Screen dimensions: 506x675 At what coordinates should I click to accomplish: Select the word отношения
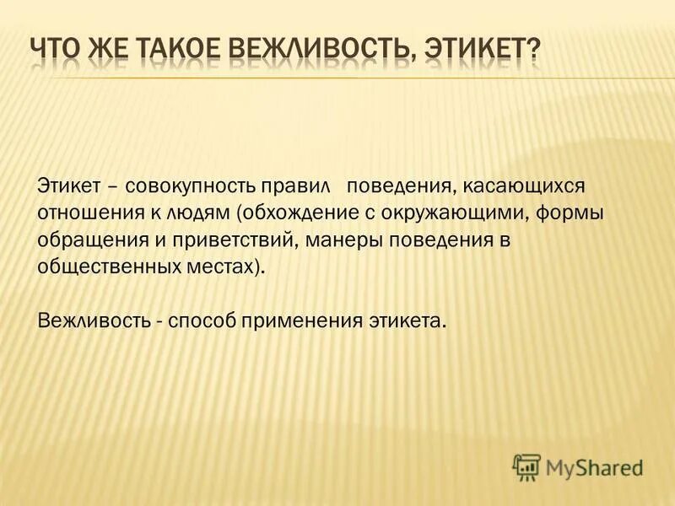tap(82, 212)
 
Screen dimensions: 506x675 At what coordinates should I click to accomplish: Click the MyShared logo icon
tap(526, 466)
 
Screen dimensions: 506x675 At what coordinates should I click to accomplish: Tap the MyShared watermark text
tap(594, 467)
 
